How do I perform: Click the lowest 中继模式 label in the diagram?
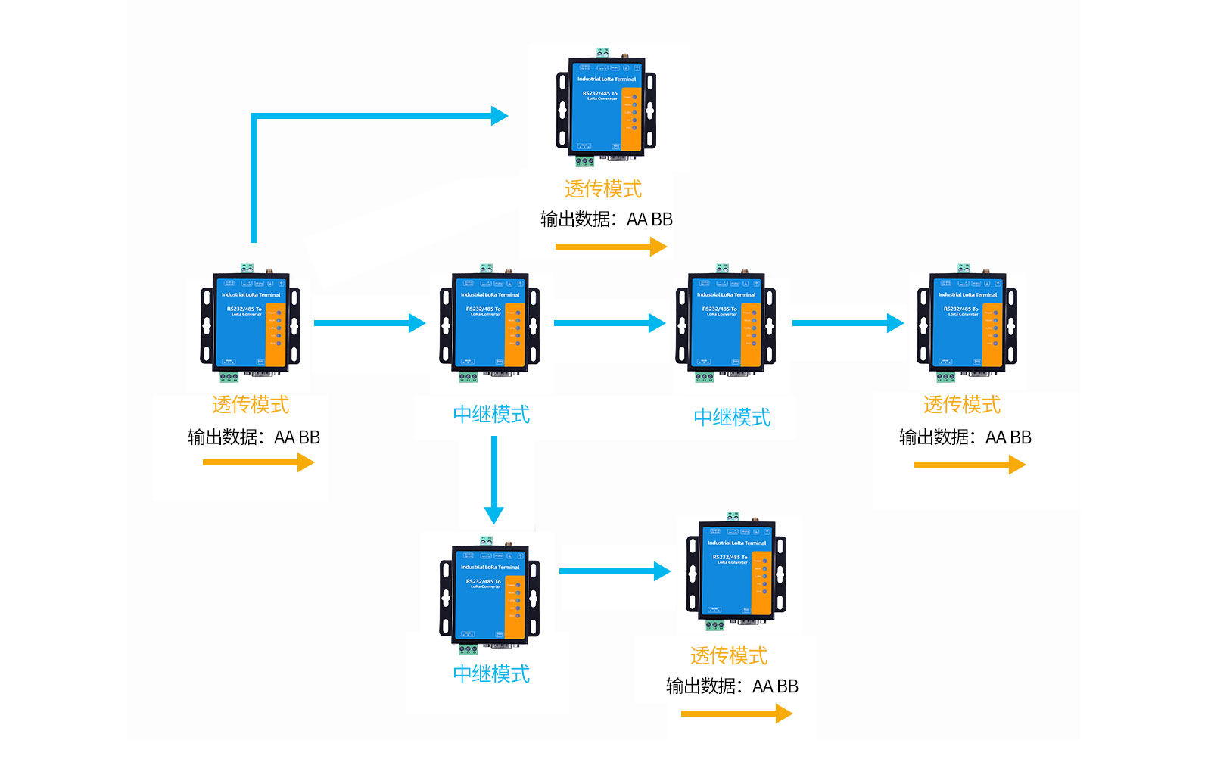click(x=491, y=673)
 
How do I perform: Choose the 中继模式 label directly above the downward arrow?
click(x=491, y=414)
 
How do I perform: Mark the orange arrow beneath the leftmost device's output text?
click(x=258, y=462)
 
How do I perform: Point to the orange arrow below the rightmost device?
click(x=970, y=465)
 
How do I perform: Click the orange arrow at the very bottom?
click(x=736, y=714)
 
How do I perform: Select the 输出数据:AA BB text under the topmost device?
click(x=606, y=219)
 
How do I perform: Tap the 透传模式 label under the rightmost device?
click(x=961, y=405)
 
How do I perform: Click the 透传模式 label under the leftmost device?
click(x=250, y=405)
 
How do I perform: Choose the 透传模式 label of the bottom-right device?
click(x=728, y=655)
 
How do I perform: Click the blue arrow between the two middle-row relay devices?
click(x=609, y=323)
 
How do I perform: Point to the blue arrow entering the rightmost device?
click(x=848, y=323)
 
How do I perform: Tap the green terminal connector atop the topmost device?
click(x=602, y=52)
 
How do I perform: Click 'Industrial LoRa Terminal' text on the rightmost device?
click(x=967, y=294)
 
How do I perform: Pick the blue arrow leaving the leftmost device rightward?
click(x=369, y=323)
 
